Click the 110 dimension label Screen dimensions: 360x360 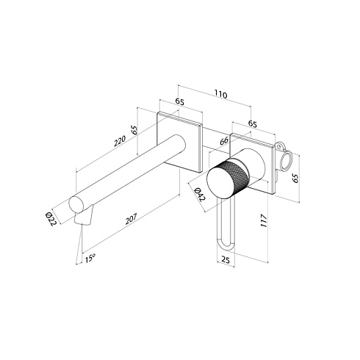click(x=221, y=94)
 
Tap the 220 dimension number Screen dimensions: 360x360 click(x=120, y=141)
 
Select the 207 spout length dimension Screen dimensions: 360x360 click(x=131, y=219)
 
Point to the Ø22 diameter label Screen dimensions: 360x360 click(x=51, y=219)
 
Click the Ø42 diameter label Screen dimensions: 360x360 click(x=199, y=195)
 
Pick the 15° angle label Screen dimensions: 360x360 click(x=90, y=259)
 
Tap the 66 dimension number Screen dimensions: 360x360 click(x=224, y=141)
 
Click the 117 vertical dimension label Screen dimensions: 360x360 click(x=264, y=220)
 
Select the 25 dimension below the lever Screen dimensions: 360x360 click(x=226, y=259)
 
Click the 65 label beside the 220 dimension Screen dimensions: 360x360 click(x=134, y=130)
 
